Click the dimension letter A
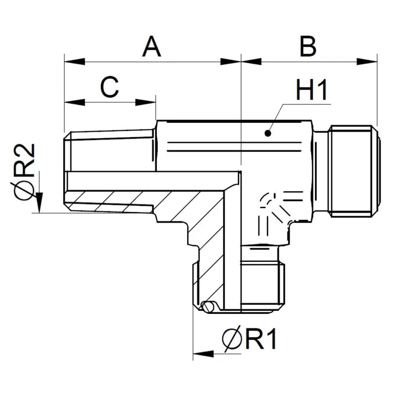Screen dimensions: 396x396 pyautogui.click(x=151, y=47)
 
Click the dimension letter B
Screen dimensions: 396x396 pyautogui.click(x=308, y=47)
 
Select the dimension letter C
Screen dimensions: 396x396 pyautogui.click(x=109, y=87)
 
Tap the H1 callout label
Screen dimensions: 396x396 pyautogui.click(x=312, y=90)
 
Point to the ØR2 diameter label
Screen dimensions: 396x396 pyautogui.click(x=24, y=172)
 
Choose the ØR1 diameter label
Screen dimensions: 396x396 pyautogui.click(x=249, y=339)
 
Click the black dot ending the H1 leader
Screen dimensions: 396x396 pyautogui.click(x=268, y=133)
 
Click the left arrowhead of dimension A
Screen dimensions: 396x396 pyautogui.click(x=75, y=61)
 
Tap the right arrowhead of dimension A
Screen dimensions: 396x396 pyautogui.click(x=231, y=61)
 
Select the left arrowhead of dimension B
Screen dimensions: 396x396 pyautogui.click(x=251, y=61)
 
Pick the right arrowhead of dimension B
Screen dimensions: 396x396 pyautogui.click(x=367, y=61)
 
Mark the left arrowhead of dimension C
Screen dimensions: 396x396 pyautogui.click(x=75, y=102)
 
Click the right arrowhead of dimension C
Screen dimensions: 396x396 pyautogui.click(x=146, y=102)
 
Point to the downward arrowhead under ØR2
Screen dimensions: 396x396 pyautogui.click(x=39, y=202)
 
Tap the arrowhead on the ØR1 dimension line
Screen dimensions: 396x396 pyautogui.click(x=203, y=354)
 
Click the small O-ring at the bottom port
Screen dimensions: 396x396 pyautogui.click(x=208, y=307)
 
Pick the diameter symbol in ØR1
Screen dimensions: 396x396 pyautogui.click(x=232, y=339)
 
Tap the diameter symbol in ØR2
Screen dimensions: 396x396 pyautogui.click(x=24, y=191)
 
